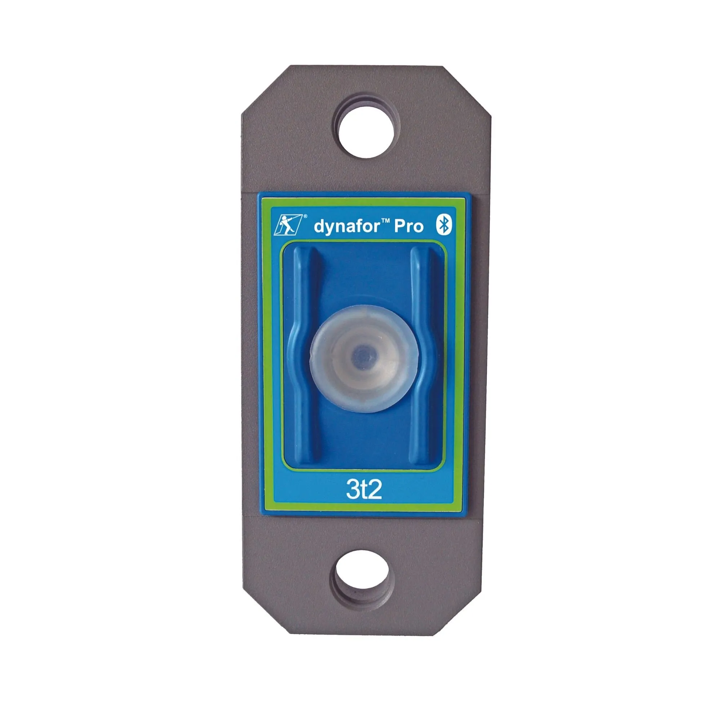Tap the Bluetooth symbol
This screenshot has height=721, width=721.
point(444,225)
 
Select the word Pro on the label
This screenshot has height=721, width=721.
point(409,226)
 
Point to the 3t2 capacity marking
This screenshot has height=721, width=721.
point(364,490)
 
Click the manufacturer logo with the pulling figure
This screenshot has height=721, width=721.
point(287,225)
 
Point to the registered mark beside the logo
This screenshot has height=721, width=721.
point(306,216)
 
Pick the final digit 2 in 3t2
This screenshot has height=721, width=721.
point(375,490)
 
